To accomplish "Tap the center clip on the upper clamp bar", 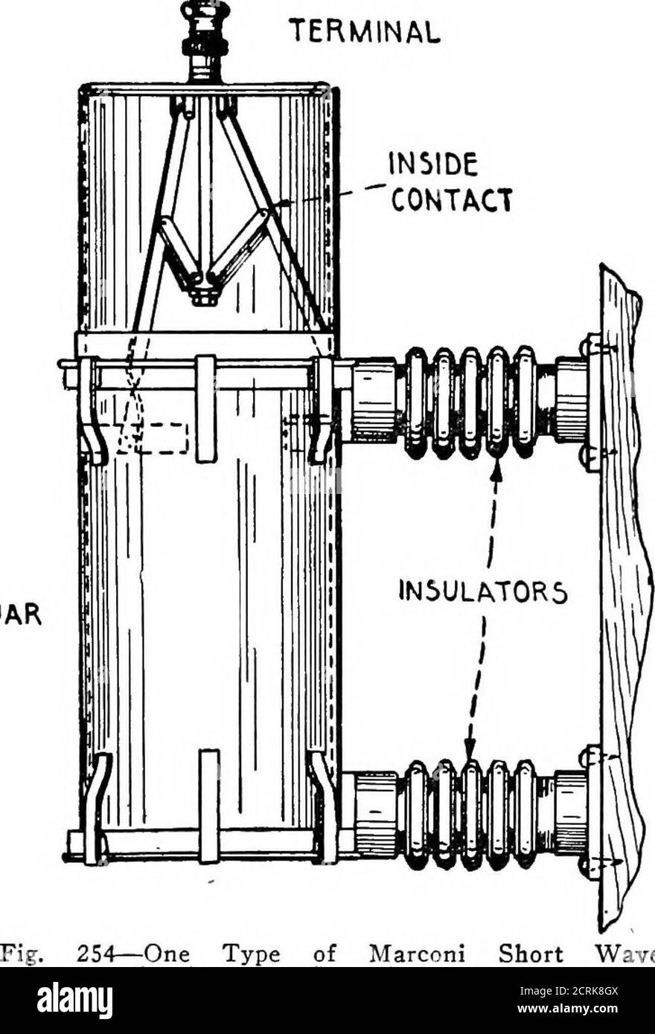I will pyautogui.click(x=206, y=408).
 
